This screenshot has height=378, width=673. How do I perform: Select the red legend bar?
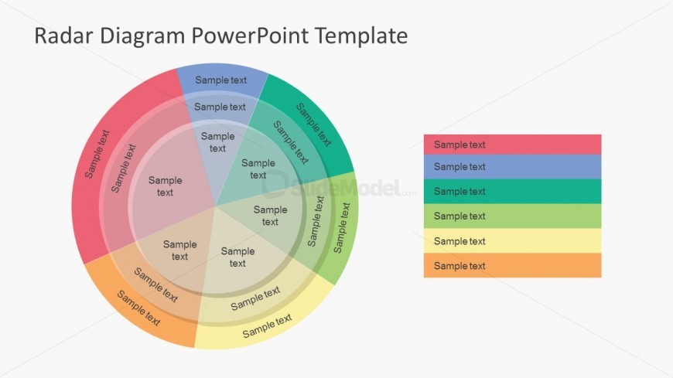pos(512,145)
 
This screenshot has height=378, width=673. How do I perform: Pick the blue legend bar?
pos(512,167)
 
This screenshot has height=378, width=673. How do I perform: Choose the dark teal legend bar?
pos(512,192)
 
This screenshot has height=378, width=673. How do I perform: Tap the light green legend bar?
pos(512,216)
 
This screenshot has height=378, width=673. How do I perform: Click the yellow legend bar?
pos(512,241)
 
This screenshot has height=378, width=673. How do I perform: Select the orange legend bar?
pos(512,266)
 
